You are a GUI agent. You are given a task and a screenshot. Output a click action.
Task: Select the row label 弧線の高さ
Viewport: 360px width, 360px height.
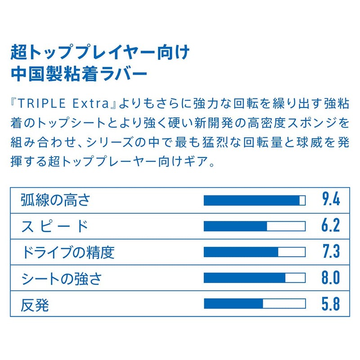(56, 200)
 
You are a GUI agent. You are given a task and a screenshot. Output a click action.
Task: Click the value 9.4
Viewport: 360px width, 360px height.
(330, 200)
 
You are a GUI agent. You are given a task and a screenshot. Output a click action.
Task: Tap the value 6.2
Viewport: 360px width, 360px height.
(330, 226)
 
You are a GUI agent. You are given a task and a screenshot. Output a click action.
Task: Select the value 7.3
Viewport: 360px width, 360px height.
(330, 252)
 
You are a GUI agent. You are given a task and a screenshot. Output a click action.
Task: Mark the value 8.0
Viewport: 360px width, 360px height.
(330, 278)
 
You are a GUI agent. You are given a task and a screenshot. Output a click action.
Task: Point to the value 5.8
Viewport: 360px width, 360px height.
(330, 304)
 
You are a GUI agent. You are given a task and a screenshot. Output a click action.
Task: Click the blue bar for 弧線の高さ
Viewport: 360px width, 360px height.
(252, 200)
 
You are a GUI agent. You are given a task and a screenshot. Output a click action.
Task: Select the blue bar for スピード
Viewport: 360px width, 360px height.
(235, 226)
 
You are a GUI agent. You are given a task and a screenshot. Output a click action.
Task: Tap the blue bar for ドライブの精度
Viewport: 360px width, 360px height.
(241, 252)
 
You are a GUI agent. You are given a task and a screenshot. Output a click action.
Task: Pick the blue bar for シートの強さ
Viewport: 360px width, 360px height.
(244, 278)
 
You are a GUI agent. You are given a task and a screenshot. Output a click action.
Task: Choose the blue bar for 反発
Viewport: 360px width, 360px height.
(233, 304)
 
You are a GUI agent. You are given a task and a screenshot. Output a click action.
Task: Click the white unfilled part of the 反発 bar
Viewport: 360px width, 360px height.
(284, 304)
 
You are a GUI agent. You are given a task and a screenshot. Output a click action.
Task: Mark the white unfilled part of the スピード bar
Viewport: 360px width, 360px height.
(286, 226)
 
